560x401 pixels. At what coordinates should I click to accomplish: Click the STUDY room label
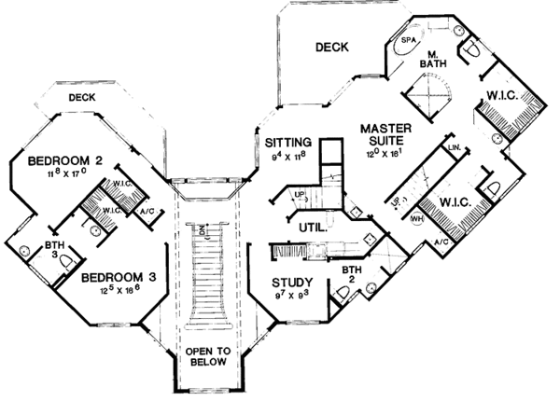coord(292,283)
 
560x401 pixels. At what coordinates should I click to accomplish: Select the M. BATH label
coord(432,58)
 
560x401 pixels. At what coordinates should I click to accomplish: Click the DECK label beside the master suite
coord(330,47)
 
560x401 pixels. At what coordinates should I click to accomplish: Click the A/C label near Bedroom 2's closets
coord(148,212)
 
